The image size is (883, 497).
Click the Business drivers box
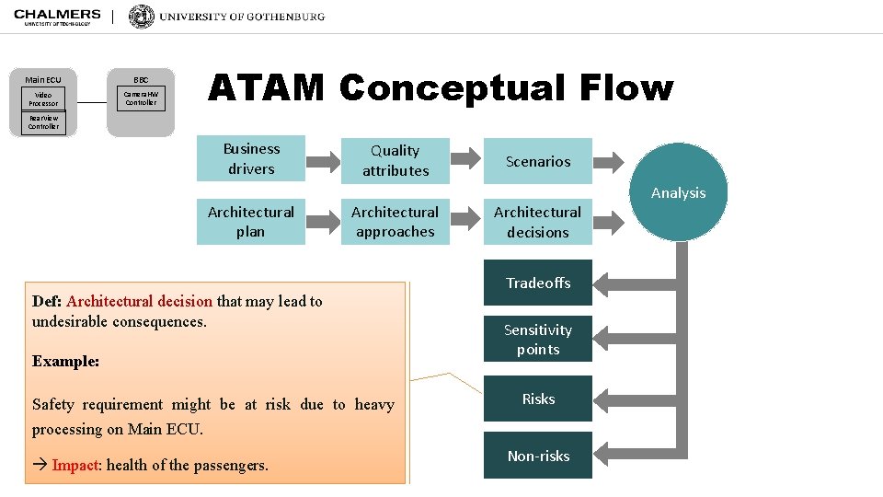(251, 158)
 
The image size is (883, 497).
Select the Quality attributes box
(396, 160)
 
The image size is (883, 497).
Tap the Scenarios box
(538, 161)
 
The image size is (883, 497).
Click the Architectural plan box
(251, 222)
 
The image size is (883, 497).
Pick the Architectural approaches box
(396, 222)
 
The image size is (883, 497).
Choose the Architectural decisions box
(538, 222)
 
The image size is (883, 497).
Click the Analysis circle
(679, 191)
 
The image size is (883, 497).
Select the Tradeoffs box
(538, 283)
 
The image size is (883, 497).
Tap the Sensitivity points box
(538, 340)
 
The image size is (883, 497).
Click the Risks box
(538, 399)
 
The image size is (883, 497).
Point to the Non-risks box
(538, 456)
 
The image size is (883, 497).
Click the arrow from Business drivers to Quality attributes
(323, 161)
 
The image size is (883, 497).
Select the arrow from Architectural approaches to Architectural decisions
(466, 223)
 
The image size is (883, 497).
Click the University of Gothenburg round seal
(142, 17)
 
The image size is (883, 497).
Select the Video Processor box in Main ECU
(43, 98)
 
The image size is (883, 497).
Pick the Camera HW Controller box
(141, 98)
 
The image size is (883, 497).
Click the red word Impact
(75, 465)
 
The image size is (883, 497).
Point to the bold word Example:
(65, 361)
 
